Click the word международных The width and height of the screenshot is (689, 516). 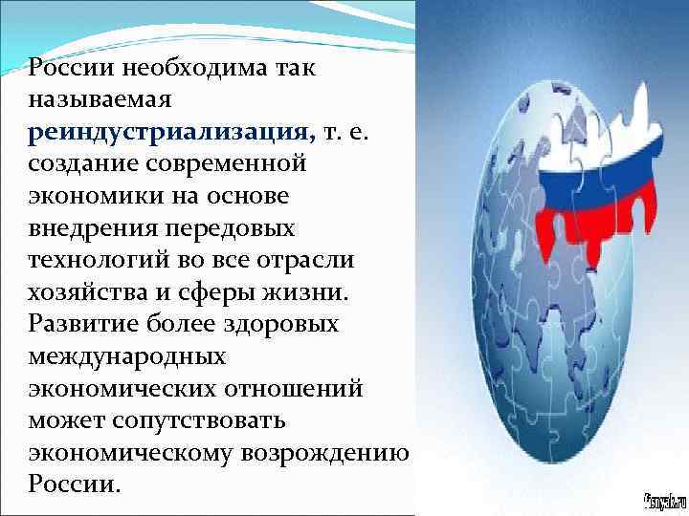point(127,356)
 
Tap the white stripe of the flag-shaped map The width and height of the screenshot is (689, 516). point(574,134)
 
